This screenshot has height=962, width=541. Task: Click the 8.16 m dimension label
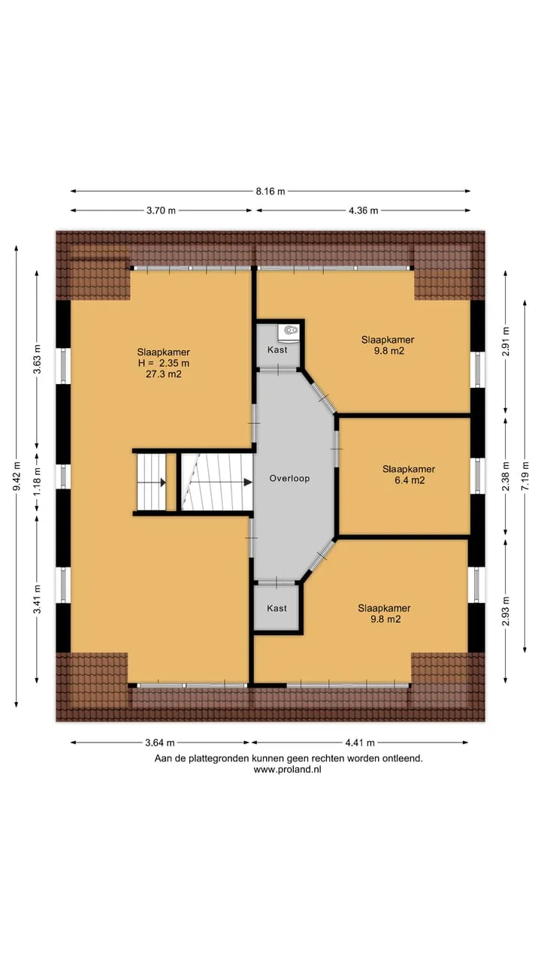pyautogui.click(x=270, y=192)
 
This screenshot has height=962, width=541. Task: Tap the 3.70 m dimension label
pyautogui.click(x=161, y=210)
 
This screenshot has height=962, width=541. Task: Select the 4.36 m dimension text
pyautogui.click(x=363, y=210)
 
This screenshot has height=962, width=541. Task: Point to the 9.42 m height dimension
pyautogui.click(x=17, y=476)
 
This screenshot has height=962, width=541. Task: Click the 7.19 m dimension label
pyautogui.click(x=525, y=475)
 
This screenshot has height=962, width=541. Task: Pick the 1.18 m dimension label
pyautogui.click(x=38, y=481)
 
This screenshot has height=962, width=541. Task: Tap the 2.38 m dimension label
pyautogui.click(x=506, y=476)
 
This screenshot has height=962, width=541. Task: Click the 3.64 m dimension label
pyautogui.click(x=160, y=743)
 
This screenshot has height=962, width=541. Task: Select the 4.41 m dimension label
pyautogui.click(x=360, y=743)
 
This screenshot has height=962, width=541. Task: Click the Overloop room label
pyautogui.click(x=289, y=479)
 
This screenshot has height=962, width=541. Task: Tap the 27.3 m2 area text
pyautogui.click(x=164, y=374)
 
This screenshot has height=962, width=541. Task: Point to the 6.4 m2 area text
pyautogui.click(x=410, y=480)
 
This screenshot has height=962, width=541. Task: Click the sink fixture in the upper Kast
pyautogui.click(x=290, y=331)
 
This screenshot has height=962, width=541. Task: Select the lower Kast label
pyautogui.click(x=277, y=608)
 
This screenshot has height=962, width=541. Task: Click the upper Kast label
pyautogui.click(x=277, y=349)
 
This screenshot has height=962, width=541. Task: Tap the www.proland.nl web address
pyautogui.click(x=287, y=770)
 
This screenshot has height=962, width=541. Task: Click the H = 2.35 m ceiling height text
pyautogui.click(x=164, y=363)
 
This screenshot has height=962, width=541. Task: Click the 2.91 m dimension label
pyautogui.click(x=506, y=341)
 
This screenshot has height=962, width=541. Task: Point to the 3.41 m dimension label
pyautogui.click(x=38, y=599)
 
